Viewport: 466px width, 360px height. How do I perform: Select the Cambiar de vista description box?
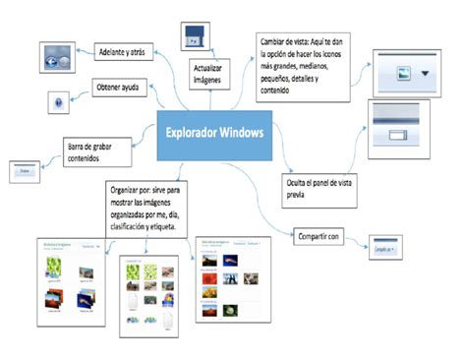point(301,66)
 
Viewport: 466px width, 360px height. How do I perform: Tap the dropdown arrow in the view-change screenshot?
point(426,74)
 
